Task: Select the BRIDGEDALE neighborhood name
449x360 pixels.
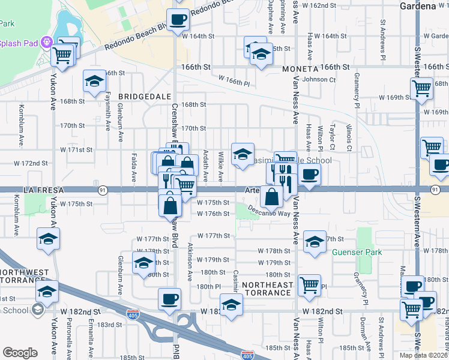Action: point(141,96)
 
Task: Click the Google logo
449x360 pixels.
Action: point(20,353)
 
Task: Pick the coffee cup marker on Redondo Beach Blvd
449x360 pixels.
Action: point(178,20)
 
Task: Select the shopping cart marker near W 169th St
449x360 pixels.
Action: point(421,88)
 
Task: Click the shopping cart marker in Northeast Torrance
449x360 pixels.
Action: point(309,285)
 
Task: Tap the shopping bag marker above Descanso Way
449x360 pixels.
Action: point(272,196)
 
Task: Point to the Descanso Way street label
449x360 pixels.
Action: point(271,213)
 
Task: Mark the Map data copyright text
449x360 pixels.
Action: point(424,355)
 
